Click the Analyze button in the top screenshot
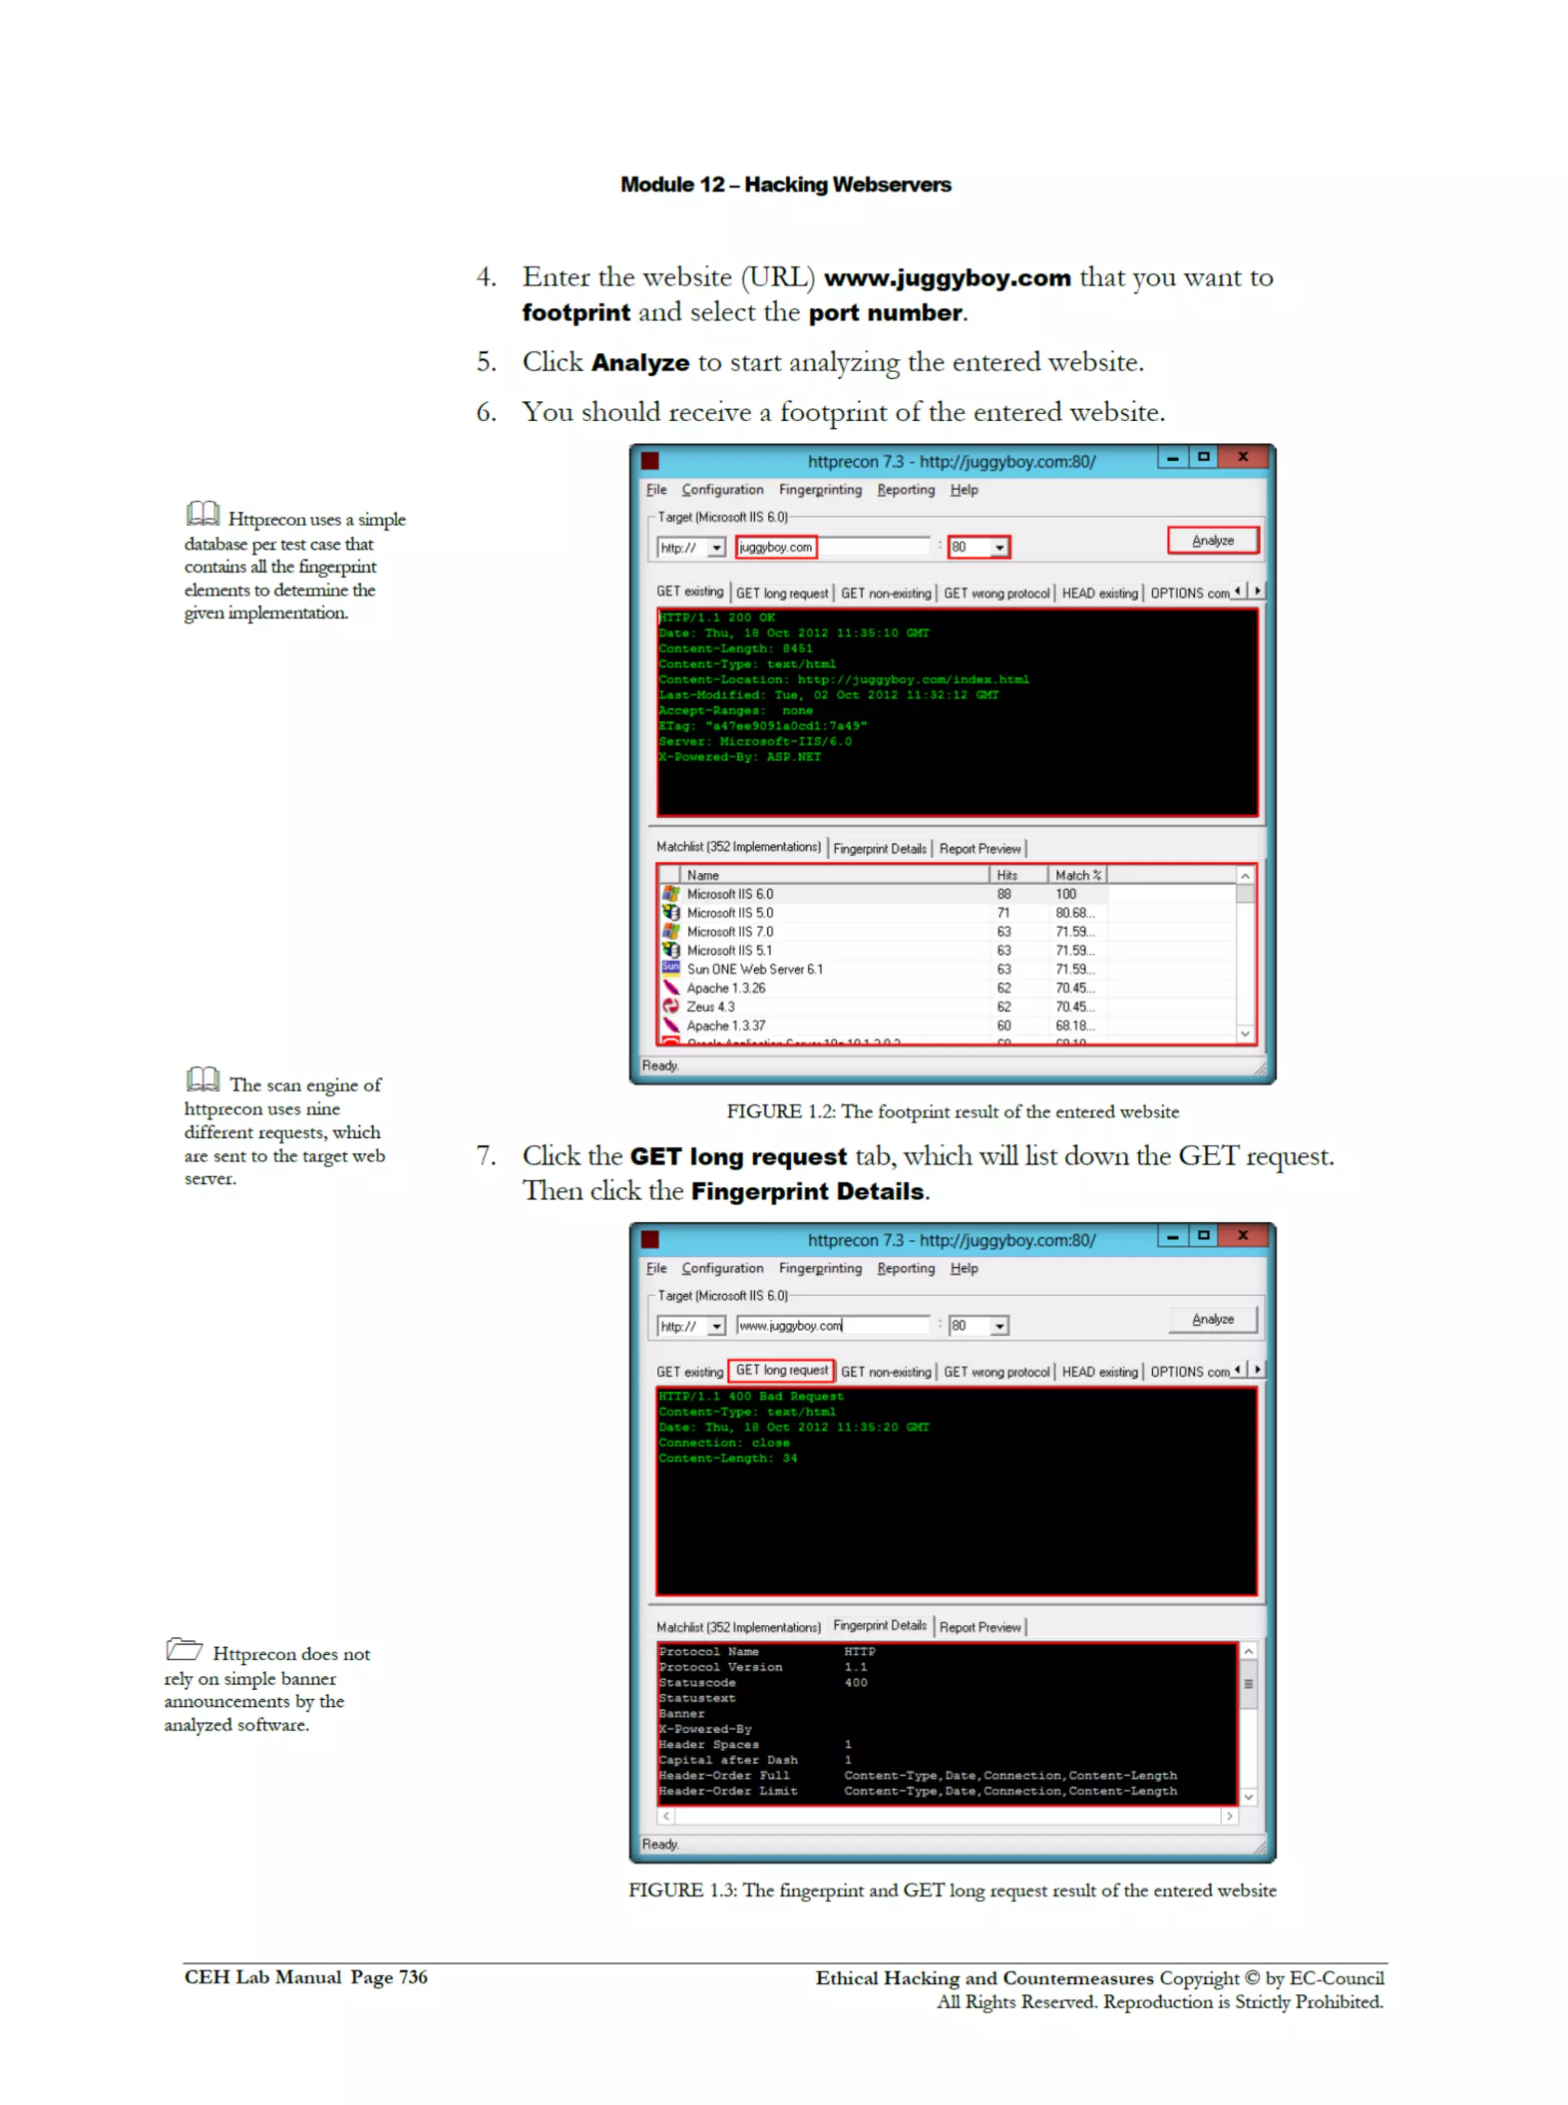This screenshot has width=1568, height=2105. pyautogui.click(x=1212, y=540)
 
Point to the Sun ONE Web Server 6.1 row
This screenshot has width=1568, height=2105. pyautogui.click(x=755, y=969)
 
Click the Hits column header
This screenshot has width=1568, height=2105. pyautogui.click(x=1007, y=875)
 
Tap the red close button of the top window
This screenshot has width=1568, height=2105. pyautogui.click(x=1242, y=456)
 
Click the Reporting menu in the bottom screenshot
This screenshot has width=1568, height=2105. pyautogui.click(x=904, y=1268)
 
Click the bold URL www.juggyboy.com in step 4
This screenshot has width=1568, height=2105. pyautogui.click(x=946, y=278)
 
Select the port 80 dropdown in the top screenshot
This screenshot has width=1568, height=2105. pyautogui.click(x=978, y=547)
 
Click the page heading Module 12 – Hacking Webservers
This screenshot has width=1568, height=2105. pyautogui.click(x=785, y=184)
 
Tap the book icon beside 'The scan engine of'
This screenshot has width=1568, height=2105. pyautogui.click(x=202, y=1079)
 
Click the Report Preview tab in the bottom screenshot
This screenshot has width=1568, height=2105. pyautogui.click(x=979, y=1626)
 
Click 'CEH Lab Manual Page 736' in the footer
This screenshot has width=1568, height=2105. pyautogui.click(x=305, y=1977)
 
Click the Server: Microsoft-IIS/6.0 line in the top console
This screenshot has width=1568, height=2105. pyautogui.click(x=756, y=741)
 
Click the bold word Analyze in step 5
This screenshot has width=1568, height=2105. pyautogui.click(x=640, y=362)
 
